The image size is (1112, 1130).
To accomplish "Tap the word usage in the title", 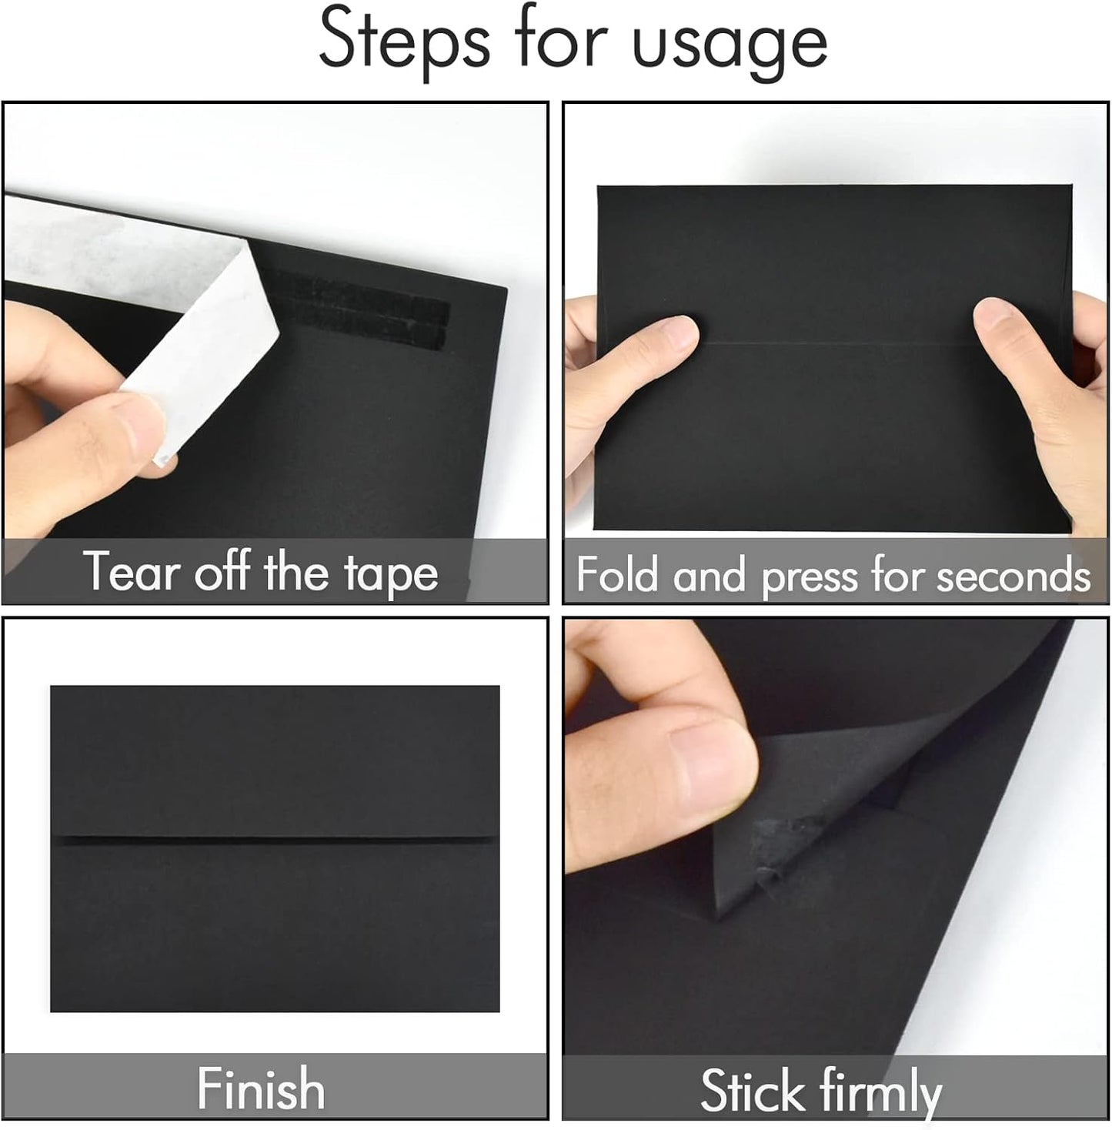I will (x=729, y=45).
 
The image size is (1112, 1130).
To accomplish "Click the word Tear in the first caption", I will (x=131, y=571).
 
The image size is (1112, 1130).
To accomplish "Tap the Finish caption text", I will (x=261, y=1088).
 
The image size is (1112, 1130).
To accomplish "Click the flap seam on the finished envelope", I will (x=275, y=837).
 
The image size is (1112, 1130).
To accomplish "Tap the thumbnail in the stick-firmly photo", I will (x=712, y=770).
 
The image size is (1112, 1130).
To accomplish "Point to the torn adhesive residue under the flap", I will (x=781, y=835).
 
